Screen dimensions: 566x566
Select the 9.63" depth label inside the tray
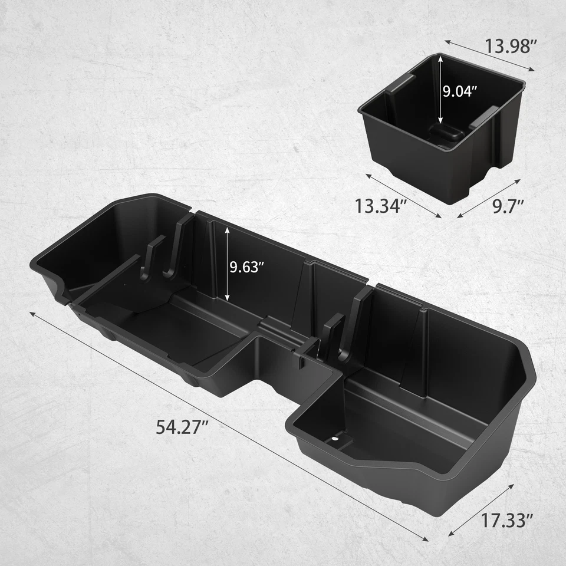(246, 266)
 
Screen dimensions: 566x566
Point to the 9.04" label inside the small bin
(460, 91)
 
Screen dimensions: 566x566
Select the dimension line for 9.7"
(489, 199)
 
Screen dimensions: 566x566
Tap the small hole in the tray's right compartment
(336, 438)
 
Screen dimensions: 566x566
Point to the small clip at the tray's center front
(300, 356)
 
